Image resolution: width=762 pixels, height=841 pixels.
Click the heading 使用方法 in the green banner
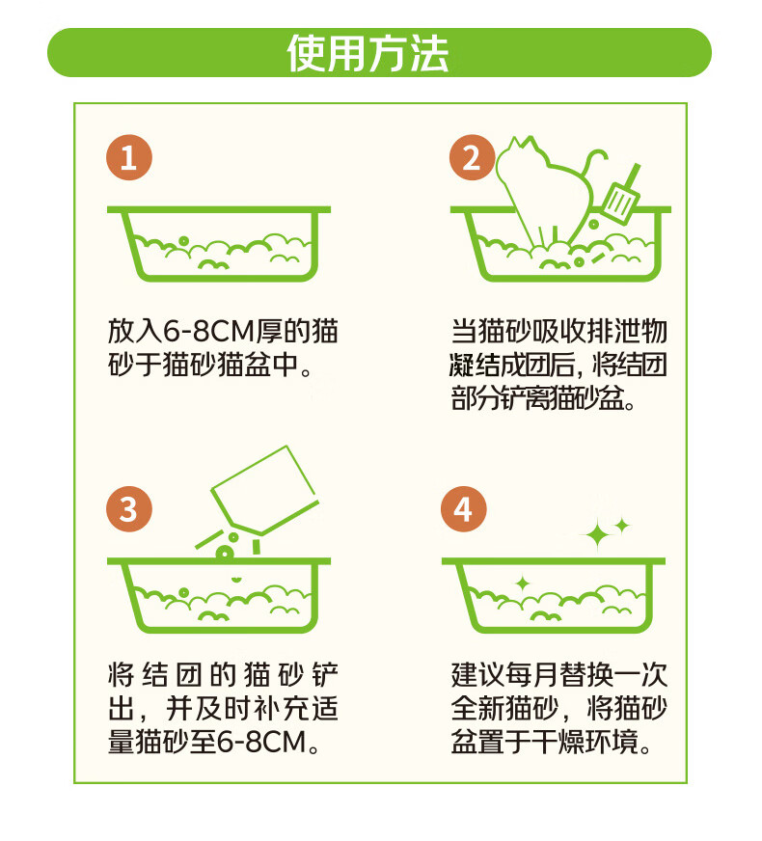click(x=367, y=53)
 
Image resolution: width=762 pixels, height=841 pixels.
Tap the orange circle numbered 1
click(x=129, y=158)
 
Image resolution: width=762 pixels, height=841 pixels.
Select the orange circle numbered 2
click(x=472, y=158)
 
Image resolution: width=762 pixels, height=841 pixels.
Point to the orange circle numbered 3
click(x=129, y=509)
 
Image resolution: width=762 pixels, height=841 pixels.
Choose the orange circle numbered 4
click(x=464, y=509)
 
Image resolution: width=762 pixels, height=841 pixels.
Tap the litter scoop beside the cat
click(x=622, y=196)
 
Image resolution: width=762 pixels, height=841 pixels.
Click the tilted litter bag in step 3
click(x=265, y=490)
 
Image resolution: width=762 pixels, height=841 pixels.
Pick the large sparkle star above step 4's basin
click(x=596, y=534)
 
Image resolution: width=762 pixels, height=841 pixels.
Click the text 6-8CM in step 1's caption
click(x=208, y=331)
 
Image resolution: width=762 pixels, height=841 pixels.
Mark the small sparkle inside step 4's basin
click(x=523, y=583)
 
